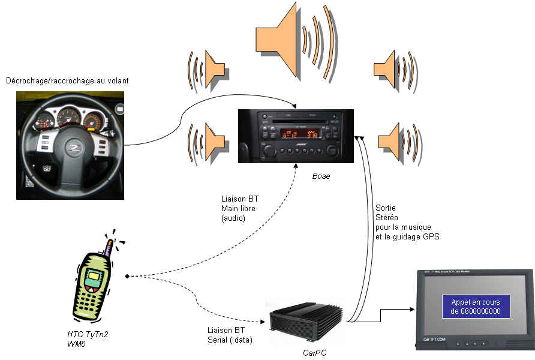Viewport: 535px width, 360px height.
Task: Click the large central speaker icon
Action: point(278,40)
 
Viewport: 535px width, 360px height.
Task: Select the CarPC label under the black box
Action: point(315,353)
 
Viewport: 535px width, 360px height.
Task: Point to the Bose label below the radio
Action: point(321,176)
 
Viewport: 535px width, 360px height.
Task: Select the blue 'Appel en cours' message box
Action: point(476,306)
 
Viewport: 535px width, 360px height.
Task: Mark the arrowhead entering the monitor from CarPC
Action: point(412,310)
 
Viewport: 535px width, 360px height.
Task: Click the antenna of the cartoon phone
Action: point(109,246)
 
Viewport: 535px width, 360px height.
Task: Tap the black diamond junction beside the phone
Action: point(127,276)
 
